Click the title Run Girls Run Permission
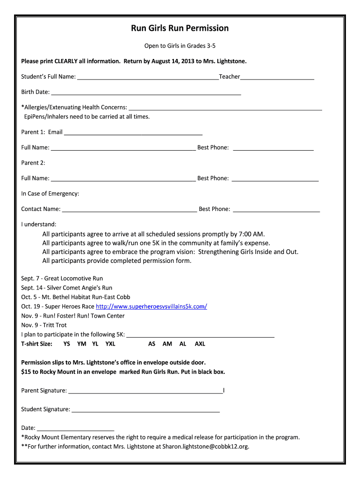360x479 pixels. click(x=180, y=29)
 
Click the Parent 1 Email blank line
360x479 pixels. click(x=133, y=133)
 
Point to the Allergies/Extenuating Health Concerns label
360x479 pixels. click(x=74, y=108)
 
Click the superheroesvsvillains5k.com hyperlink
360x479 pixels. click(x=151, y=307)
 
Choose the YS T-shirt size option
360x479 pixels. click(x=67, y=344)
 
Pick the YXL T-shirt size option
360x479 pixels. click(x=110, y=344)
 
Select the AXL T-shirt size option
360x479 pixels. click(x=200, y=344)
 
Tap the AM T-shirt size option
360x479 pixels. click(x=167, y=344)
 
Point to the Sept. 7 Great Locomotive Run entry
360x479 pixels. click(x=62, y=279)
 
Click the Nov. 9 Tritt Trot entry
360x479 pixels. click(x=44, y=326)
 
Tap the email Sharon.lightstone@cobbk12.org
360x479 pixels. click(x=206, y=447)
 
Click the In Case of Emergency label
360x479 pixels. click(x=50, y=194)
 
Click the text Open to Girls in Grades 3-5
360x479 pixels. click(x=180, y=46)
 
